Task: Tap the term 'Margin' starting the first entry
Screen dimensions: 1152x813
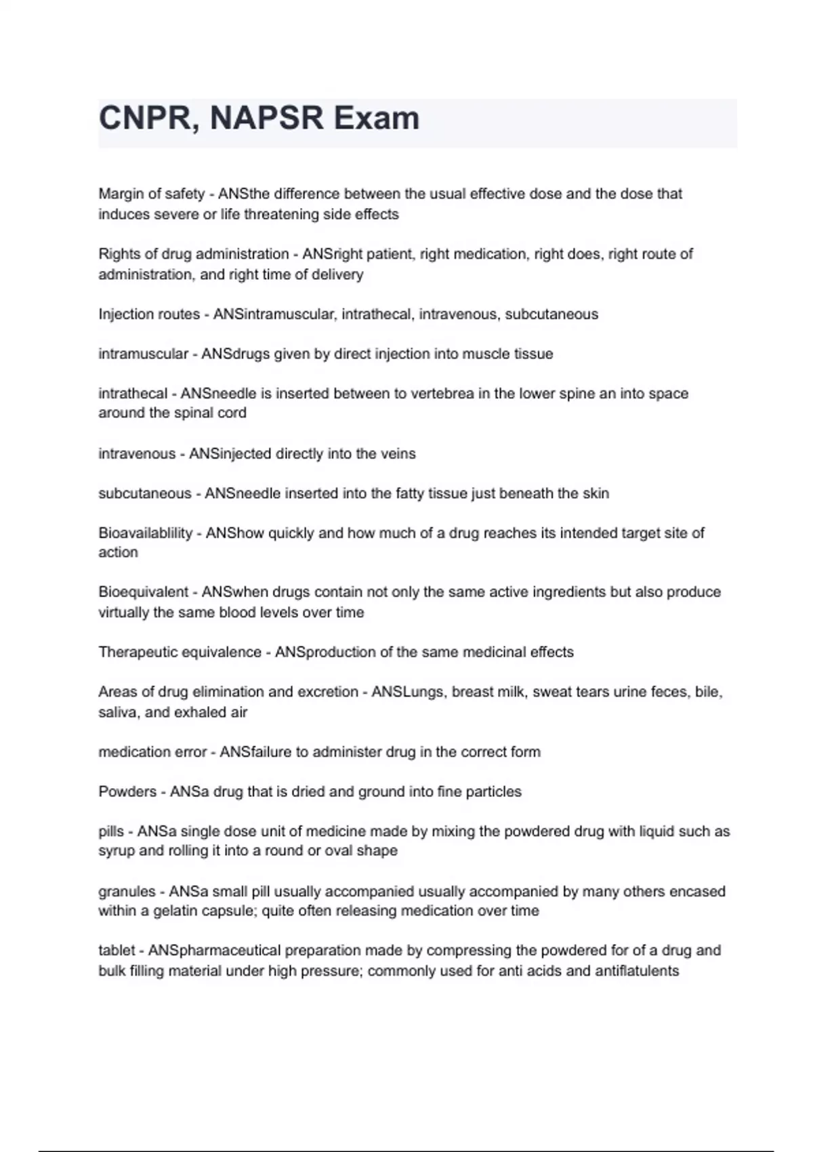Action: coord(119,194)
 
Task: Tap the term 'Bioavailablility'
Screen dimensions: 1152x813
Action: coord(145,533)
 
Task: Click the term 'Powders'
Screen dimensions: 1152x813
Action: coord(127,792)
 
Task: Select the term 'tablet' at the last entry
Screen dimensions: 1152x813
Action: coord(116,951)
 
